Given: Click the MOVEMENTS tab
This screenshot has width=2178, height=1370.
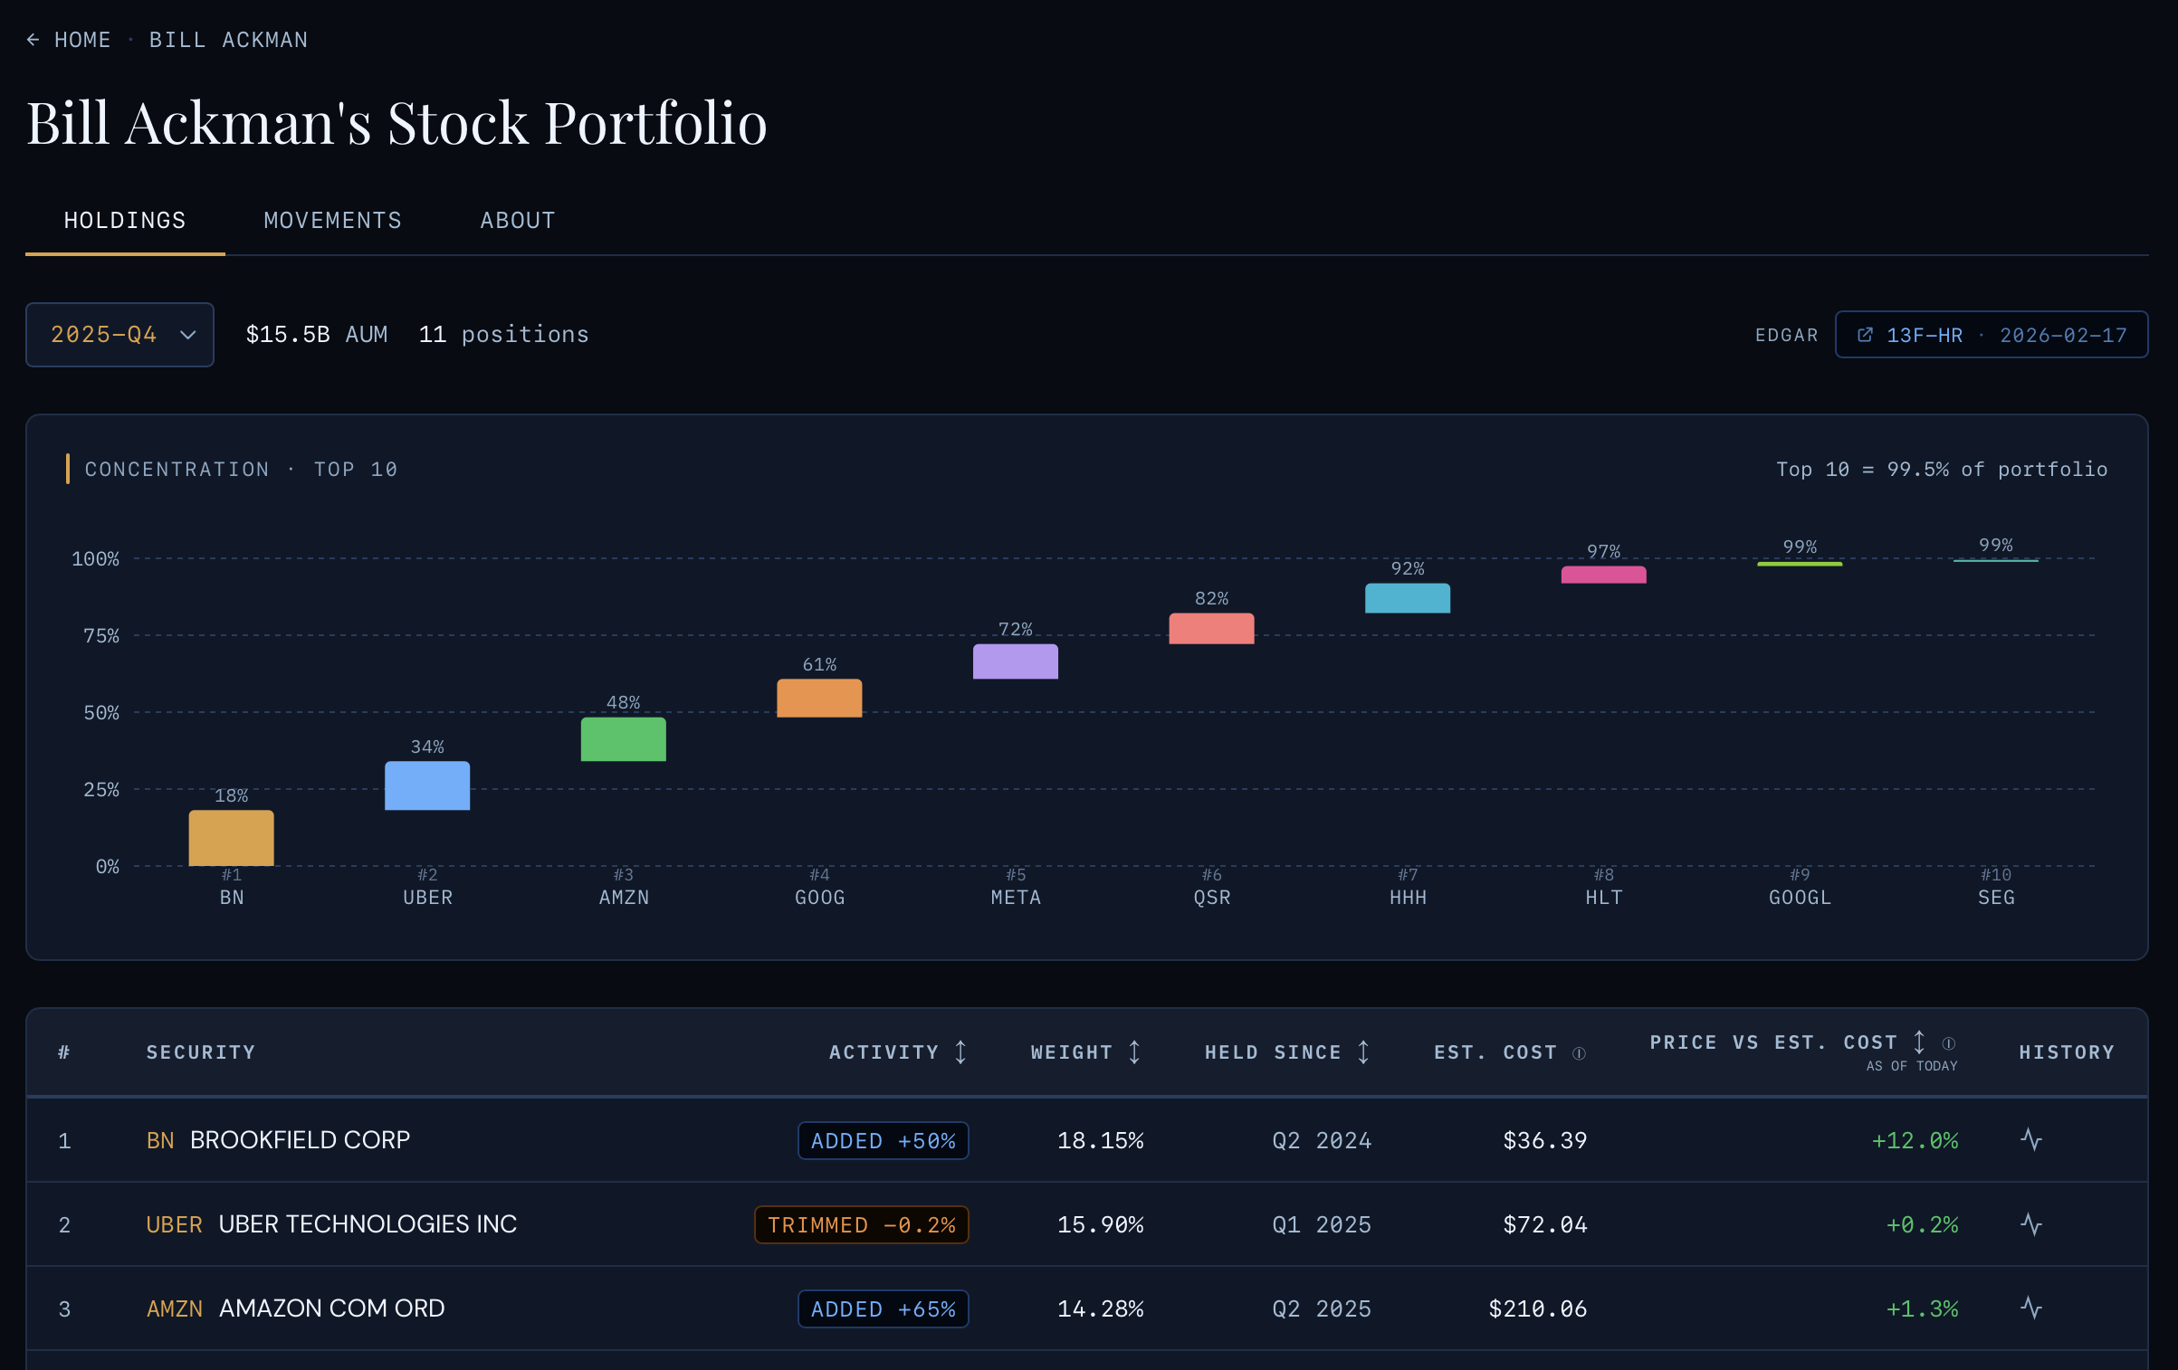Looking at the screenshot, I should coord(332,221).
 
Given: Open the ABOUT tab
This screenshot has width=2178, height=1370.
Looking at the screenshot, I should coord(517,221).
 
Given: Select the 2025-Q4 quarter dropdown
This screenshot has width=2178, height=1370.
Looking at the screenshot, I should coord(119,335).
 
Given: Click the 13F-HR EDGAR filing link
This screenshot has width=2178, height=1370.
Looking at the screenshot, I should coord(1991,336).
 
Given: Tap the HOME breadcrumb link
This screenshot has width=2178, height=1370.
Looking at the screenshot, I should coord(81,40).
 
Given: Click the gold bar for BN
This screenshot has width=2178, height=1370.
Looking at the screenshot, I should coord(231,838).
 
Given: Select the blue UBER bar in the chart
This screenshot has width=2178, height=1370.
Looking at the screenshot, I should coord(427,785).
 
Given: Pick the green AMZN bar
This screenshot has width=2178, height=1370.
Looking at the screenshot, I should coord(623,739).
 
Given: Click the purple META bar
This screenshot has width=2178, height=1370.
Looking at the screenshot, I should coord(1015,661).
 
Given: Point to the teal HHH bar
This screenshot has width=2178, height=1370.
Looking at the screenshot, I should coord(1407,598).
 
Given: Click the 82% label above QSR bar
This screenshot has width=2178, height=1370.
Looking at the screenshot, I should coord(1211,599).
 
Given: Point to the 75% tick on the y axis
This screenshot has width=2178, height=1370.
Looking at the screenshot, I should coord(101,636).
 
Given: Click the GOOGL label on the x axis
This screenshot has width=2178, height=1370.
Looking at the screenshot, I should coord(1800,898).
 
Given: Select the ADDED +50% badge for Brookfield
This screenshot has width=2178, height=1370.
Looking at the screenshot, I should coord(883,1141).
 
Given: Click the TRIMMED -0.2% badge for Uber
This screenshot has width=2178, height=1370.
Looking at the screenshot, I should coord(861,1225).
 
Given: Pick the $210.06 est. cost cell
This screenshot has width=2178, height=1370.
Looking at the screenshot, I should coord(1537,1309).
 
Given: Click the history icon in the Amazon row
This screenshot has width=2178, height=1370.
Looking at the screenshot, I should coord(2031,1308).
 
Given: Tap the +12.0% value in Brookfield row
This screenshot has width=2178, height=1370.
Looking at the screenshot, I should coord(1915,1141).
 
